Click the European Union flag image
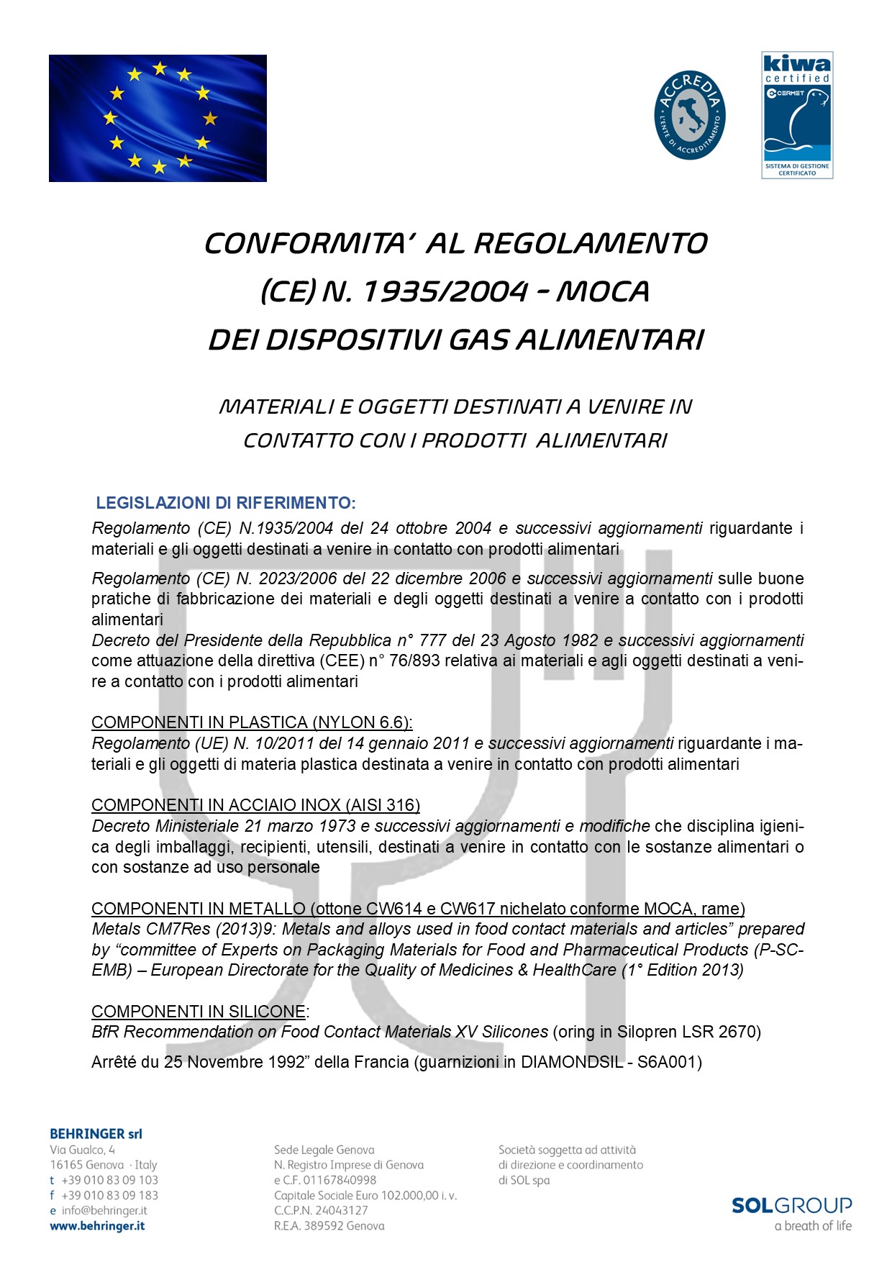click(158, 118)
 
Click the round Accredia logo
click(689, 115)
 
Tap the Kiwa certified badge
click(797, 115)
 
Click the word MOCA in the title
click(603, 291)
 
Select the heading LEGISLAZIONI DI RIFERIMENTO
click(226, 502)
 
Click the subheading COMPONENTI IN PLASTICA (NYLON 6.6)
click(252, 722)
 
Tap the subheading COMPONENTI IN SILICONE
click(199, 1012)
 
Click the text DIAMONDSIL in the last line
click(571, 1062)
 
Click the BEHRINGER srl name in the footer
click(96, 1134)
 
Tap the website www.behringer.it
click(97, 1226)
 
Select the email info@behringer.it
click(104, 1211)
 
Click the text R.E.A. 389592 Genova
click(329, 1226)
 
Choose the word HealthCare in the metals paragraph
click(575, 970)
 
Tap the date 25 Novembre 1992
click(235, 1062)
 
